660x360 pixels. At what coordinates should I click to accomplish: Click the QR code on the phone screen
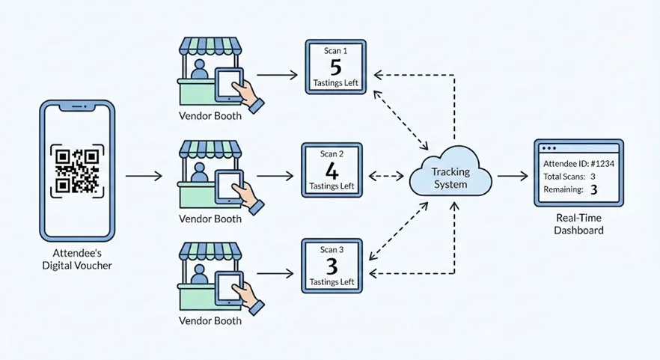click(78, 170)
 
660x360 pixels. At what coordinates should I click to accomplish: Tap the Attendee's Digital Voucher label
click(79, 260)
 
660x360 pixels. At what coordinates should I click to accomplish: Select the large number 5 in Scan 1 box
click(335, 67)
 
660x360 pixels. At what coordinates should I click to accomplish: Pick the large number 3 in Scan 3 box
click(331, 266)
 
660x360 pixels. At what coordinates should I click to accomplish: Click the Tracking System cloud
click(450, 177)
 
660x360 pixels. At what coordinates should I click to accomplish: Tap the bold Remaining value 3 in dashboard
click(594, 191)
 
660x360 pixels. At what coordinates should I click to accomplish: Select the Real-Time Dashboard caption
click(578, 225)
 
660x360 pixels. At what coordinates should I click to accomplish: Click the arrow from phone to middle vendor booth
click(144, 177)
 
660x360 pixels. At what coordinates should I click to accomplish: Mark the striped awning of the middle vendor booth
click(211, 148)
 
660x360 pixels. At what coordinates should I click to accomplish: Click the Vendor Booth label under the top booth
click(210, 117)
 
